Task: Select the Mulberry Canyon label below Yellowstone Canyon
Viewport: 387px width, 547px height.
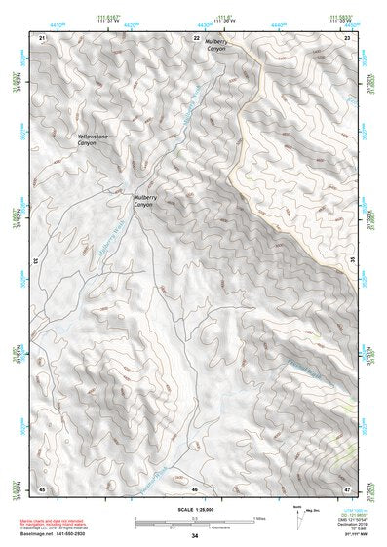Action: pos(143,201)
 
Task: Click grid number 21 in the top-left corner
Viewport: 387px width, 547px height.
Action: pos(41,37)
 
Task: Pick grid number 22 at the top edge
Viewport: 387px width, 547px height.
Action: pos(195,37)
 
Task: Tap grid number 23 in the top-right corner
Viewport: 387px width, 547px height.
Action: pos(348,37)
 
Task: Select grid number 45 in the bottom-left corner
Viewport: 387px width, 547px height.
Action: pos(41,488)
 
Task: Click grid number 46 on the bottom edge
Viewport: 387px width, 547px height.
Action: pos(195,488)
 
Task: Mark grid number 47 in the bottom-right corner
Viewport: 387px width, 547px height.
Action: pos(348,488)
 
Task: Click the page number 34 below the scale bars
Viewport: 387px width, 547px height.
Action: pos(195,536)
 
